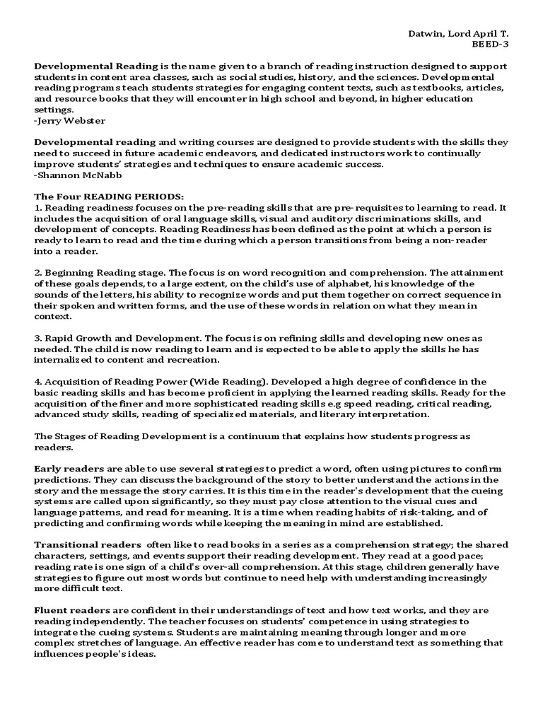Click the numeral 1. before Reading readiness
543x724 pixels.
(x=38, y=208)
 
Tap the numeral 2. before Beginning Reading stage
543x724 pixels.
(x=38, y=273)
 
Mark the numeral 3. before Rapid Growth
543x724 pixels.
(x=38, y=339)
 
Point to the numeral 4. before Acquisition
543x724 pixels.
(x=38, y=382)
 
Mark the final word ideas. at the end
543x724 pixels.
(x=141, y=654)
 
